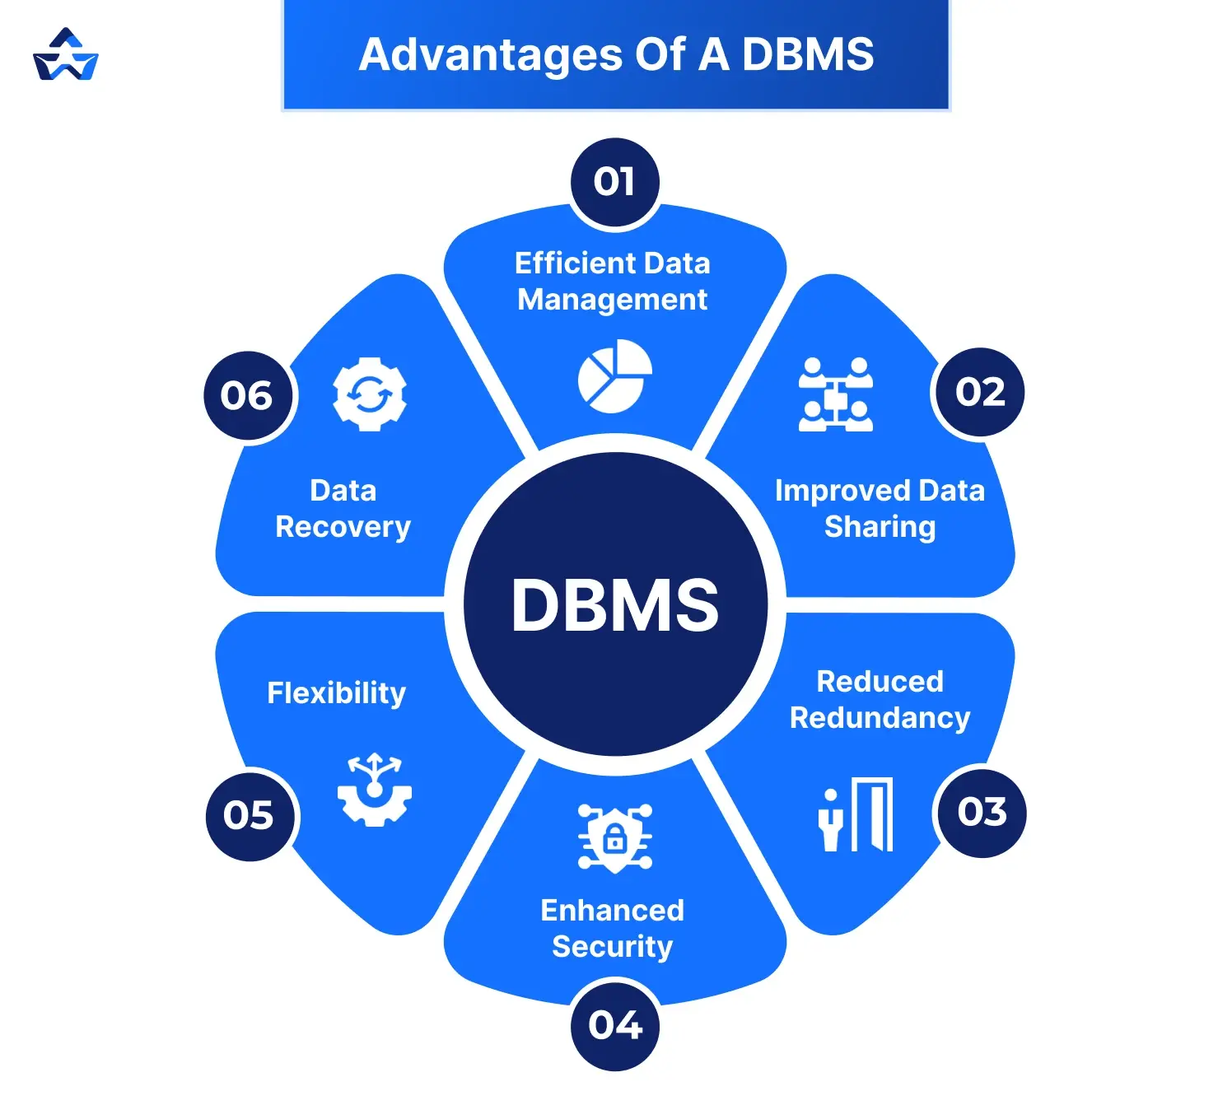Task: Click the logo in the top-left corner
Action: coord(66,55)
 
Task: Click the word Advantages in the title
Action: coord(490,55)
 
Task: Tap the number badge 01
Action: coord(614,182)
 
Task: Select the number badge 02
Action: coord(980,392)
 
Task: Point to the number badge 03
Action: coord(982,813)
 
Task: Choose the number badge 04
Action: coord(614,1025)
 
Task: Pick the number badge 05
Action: coord(248,815)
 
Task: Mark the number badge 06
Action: coord(246,396)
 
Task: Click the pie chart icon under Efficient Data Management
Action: coord(614,376)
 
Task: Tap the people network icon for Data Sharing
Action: coord(836,394)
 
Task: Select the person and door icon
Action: coord(856,814)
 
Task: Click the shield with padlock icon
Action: coord(614,838)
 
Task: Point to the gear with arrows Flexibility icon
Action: coord(375,790)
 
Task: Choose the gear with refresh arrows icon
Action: coord(370,394)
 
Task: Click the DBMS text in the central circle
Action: coord(614,605)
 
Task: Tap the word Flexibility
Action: coord(336,693)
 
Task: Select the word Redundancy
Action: coord(880,718)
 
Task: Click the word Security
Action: coord(612,947)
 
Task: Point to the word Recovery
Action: coord(343,527)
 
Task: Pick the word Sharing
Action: coord(880,527)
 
